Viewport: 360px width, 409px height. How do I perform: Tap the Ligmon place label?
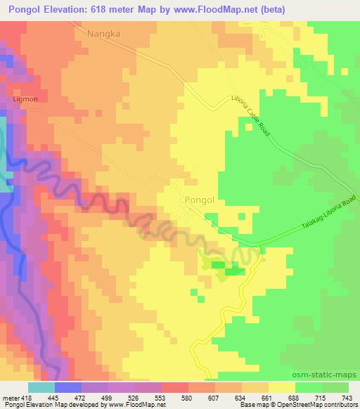click(25, 100)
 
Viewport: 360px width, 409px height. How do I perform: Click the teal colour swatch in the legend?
click(41, 387)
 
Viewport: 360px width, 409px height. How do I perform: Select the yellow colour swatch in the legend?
click(282, 387)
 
